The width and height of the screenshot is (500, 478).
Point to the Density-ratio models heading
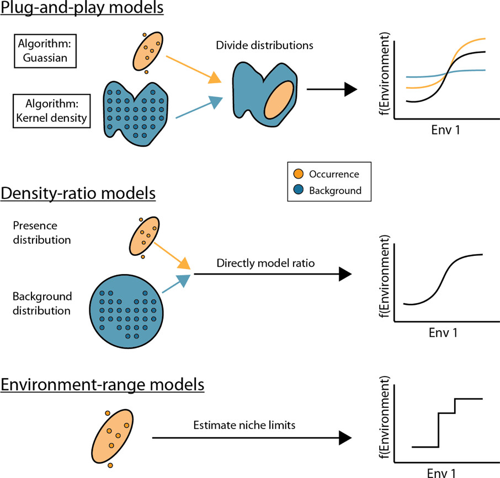(x=78, y=194)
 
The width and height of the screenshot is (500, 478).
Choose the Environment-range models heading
(x=102, y=384)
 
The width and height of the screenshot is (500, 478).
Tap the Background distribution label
(x=42, y=303)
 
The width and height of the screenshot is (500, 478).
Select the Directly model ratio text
(x=265, y=264)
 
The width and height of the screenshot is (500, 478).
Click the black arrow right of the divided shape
(x=331, y=89)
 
